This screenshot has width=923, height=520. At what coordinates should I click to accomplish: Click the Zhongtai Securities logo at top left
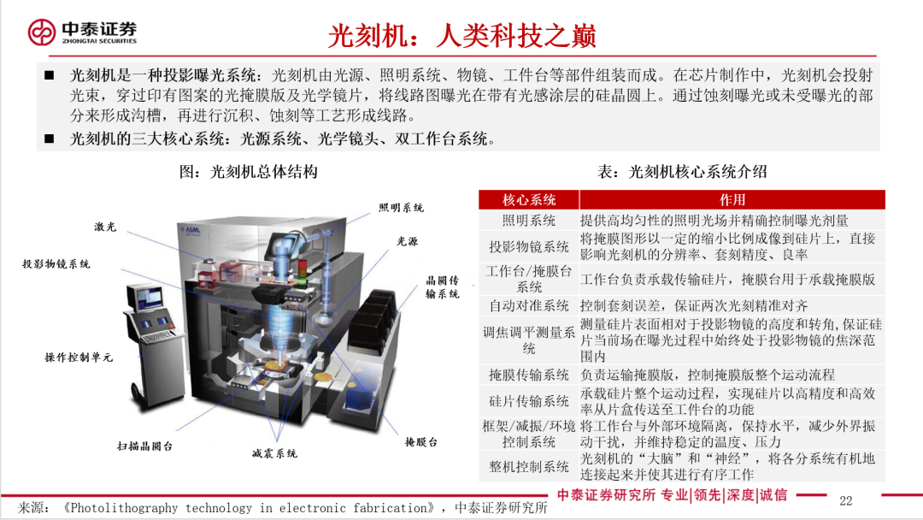[x=82, y=32]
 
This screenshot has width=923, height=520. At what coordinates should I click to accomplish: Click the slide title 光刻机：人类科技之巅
[x=461, y=35]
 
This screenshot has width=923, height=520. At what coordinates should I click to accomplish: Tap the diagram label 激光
[x=105, y=227]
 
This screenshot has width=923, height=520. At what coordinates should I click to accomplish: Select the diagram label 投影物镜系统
[x=56, y=264]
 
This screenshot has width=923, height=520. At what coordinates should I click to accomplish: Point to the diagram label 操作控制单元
[x=79, y=357]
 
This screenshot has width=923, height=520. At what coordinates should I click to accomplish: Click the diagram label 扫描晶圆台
[x=145, y=446]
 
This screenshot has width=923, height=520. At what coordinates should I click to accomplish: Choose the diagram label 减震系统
[x=274, y=453]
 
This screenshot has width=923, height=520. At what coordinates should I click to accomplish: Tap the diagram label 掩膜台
[x=421, y=442]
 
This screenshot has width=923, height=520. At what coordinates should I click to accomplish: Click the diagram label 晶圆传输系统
[x=443, y=287]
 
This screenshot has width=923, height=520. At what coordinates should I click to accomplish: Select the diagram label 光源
[x=408, y=242]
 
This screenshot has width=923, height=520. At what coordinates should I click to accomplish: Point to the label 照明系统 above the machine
[x=402, y=208]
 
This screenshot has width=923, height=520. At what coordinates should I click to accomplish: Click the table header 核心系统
[x=528, y=199]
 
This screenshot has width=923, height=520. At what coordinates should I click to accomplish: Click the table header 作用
[x=732, y=199]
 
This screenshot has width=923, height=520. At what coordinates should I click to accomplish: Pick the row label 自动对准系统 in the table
[x=528, y=305]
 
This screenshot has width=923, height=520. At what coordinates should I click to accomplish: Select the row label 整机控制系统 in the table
[x=528, y=466]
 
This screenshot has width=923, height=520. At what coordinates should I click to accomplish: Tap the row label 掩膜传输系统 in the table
[x=528, y=375]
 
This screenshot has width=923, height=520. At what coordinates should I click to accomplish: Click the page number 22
[x=846, y=500]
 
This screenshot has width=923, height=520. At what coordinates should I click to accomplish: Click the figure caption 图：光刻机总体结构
[x=248, y=172]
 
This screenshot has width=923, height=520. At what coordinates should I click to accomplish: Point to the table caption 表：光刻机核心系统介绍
[x=681, y=172]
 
